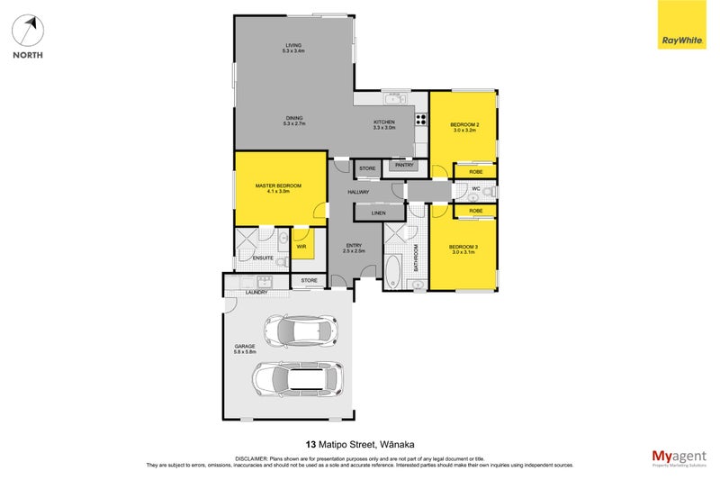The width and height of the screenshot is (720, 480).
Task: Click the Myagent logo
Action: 678,457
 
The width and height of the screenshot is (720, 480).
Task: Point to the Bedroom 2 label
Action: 463,126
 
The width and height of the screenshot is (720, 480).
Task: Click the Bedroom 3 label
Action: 463,249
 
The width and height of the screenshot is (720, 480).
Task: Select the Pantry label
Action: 403,165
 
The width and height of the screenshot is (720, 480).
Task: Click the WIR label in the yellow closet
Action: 301,244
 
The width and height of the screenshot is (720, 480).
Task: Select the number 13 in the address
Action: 310,444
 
